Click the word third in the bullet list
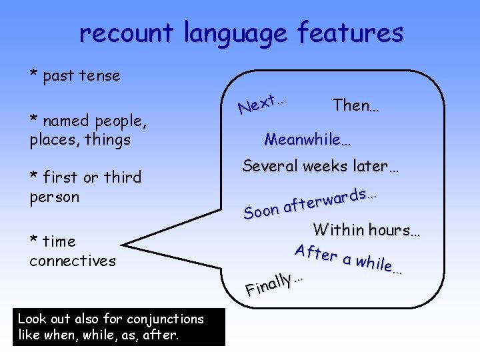pyautogui.click(x=120, y=177)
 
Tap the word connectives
pyautogui.click(x=73, y=261)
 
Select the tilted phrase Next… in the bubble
pyautogui.click(x=262, y=103)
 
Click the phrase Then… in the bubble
pyautogui.click(x=355, y=105)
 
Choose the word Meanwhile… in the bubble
pyautogui.click(x=307, y=139)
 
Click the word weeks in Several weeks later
pyautogui.click(x=327, y=166)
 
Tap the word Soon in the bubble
pyautogui.click(x=261, y=211)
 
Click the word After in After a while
pyautogui.click(x=316, y=253)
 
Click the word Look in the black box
pyautogui.click(x=31, y=319)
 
